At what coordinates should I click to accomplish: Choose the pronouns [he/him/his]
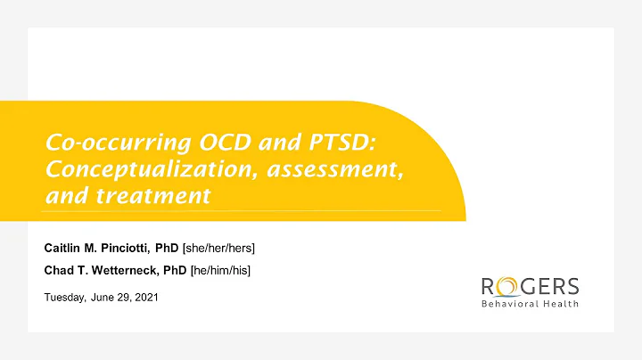click(219, 270)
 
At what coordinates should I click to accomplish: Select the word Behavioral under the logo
click(509, 304)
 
